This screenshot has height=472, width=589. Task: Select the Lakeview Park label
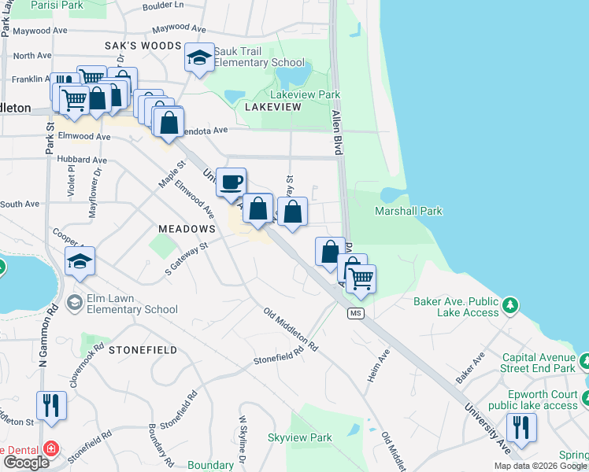tap(305, 94)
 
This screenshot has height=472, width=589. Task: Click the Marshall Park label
tap(408, 211)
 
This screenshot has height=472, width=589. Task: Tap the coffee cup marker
tap(231, 183)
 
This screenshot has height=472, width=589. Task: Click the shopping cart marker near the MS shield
tap(360, 278)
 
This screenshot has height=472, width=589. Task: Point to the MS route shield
tap(356, 313)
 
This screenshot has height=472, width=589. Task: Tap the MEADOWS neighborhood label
tap(187, 228)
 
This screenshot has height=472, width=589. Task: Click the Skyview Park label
tap(299, 437)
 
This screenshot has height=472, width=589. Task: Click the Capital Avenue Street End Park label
tap(539, 362)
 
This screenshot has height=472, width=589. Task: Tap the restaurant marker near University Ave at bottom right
tap(520, 427)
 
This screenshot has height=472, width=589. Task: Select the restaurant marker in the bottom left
tap(51, 406)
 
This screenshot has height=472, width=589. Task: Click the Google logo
tap(26, 463)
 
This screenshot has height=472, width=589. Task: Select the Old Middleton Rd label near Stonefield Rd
tap(291, 330)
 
